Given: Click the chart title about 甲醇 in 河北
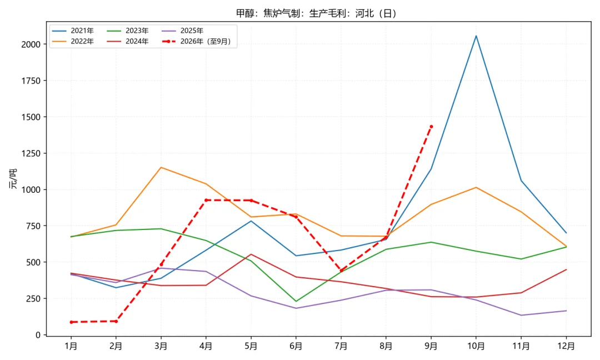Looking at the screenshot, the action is coord(316,13).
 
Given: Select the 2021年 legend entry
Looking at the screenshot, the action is coord(73,31).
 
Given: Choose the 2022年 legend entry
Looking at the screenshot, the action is coord(73,41).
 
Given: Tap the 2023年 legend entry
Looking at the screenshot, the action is coord(127,31).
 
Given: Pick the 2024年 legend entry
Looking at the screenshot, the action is coord(127,41).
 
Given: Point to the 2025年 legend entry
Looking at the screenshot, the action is coord(182,31).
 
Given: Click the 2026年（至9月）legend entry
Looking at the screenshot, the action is coord(196,41).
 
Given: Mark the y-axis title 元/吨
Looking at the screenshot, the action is coord(13,179).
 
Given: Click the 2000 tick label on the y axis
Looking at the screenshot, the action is coord(31,44).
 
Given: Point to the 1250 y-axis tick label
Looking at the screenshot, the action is coord(31,153).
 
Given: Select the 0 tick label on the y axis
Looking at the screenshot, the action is coord(38,335).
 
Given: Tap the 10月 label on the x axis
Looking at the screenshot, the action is coord(476,346).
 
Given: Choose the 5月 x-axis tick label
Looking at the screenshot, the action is coord(251,346).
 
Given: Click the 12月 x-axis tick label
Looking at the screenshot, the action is coord(566,346).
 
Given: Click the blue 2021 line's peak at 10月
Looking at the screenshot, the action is coord(476,36).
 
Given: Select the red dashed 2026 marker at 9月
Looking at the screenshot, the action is coord(431,127).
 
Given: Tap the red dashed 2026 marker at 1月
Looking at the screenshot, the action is coord(71,322).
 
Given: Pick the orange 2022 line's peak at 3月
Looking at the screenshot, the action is coord(161,167).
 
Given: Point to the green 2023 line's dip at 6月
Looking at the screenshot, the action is coord(296,302).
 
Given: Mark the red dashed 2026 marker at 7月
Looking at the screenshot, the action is coord(341,271).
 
